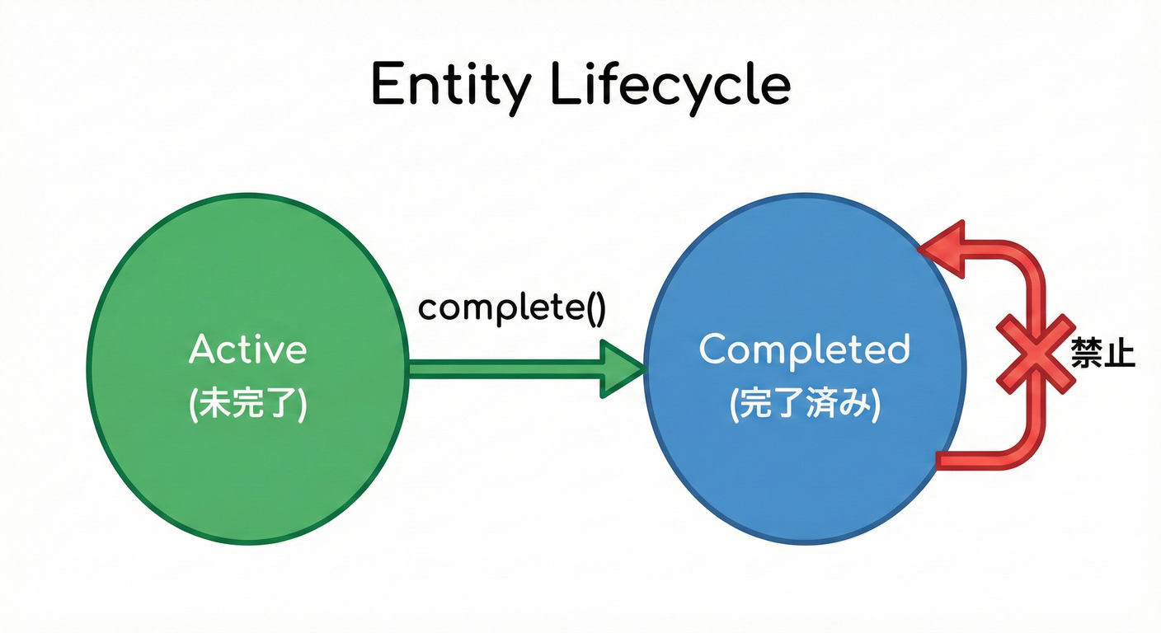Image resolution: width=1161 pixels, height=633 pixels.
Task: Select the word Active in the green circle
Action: pyautogui.click(x=247, y=349)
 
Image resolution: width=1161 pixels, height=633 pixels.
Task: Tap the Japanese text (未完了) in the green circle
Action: pyautogui.click(x=248, y=406)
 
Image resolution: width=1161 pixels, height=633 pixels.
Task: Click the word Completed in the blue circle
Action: pyautogui.click(x=804, y=349)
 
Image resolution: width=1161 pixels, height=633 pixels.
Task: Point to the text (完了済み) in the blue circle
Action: pyautogui.click(x=805, y=406)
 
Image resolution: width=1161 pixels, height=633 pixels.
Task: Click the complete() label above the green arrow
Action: pyautogui.click(x=512, y=307)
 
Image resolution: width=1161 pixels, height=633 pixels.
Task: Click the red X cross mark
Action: pyautogui.click(x=1035, y=353)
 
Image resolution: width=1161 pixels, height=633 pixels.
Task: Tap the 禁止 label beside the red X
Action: pyautogui.click(x=1102, y=354)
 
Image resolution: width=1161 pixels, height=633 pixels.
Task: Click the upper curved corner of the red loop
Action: pyautogui.click(x=1022, y=262)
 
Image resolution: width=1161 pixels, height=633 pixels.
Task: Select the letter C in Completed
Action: pyautogui.click(x=714, y=349)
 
